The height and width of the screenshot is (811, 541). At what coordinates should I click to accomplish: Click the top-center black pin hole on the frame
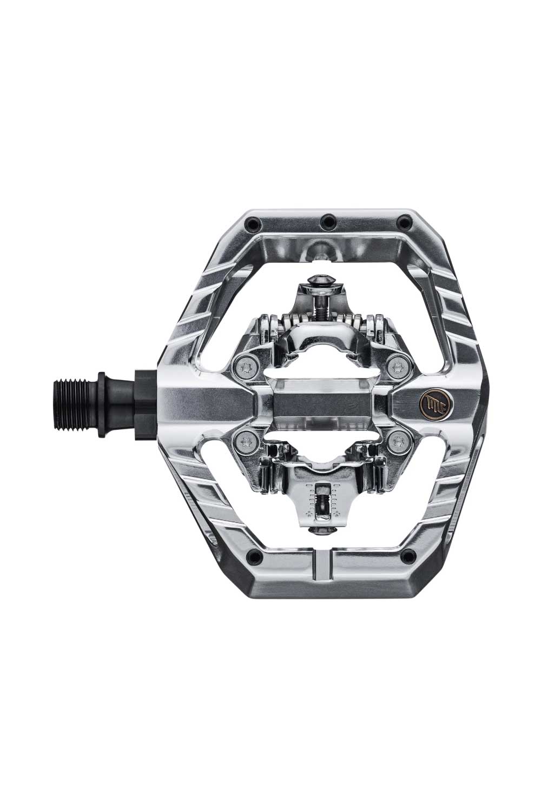327,221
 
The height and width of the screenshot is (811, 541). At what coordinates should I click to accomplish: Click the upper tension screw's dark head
320,280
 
